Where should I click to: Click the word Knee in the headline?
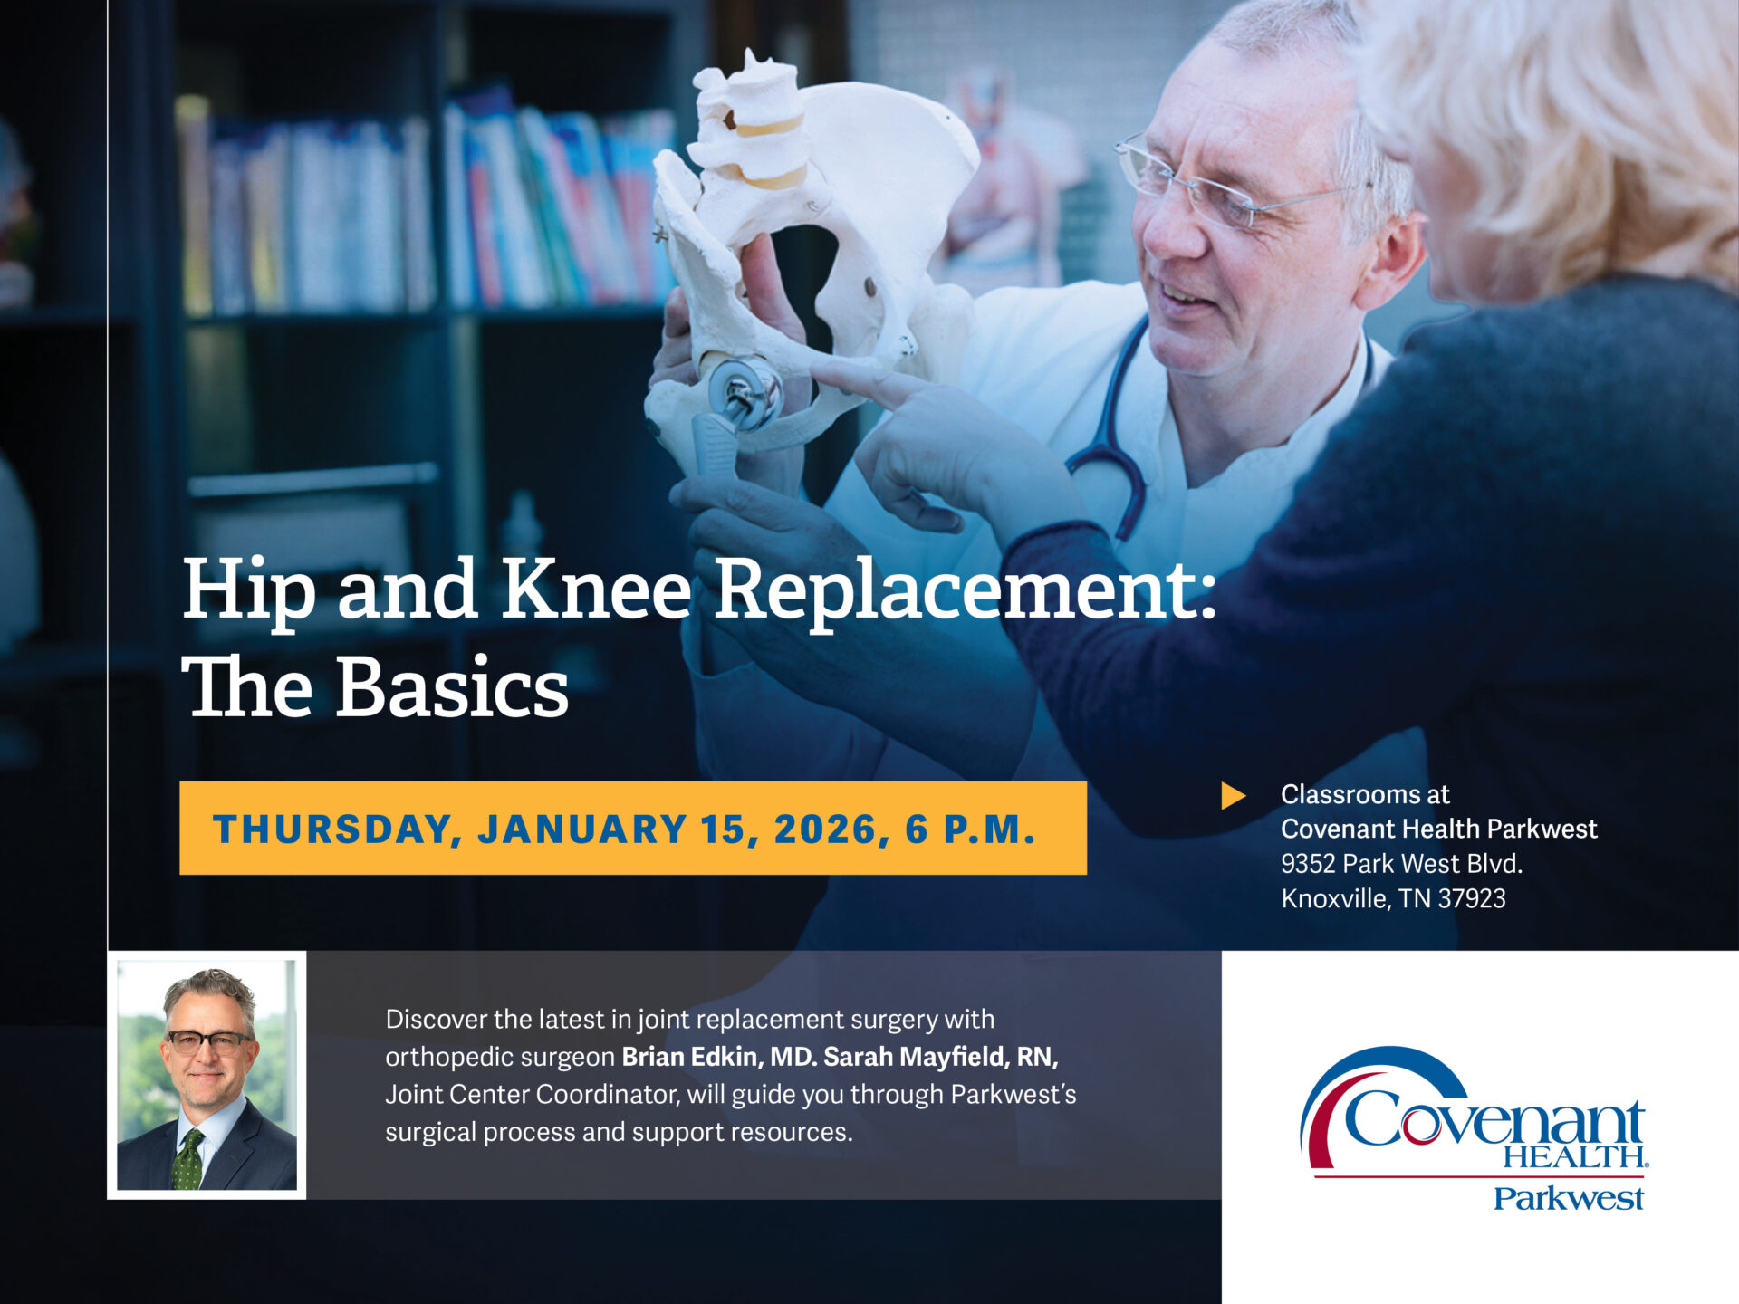tap(596, 590)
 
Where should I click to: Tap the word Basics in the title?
tap(452, 688)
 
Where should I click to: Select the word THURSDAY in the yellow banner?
tap(331, 829)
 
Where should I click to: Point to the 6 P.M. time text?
tap(970, 829)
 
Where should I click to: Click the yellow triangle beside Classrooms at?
tap(1233, 796)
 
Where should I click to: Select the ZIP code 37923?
tap(1472, 898)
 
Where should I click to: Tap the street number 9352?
tap(1308, 864)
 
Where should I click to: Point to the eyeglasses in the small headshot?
tap(209, 1041)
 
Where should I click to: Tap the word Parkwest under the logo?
tap(1568, 1199)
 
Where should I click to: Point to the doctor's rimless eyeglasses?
tap(1223, 190)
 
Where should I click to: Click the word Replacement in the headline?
tap(966, 590)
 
